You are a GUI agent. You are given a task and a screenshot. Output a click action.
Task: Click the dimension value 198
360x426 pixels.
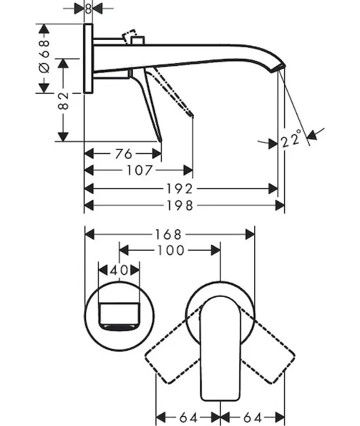(180, 205)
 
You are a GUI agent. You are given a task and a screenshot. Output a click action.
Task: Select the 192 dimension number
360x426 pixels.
(180, 189)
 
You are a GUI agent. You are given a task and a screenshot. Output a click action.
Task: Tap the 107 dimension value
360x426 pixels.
(140, 170)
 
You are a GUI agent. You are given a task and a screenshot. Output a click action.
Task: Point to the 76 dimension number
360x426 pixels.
(124, 153)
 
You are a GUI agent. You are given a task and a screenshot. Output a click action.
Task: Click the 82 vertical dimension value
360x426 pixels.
(63, 101)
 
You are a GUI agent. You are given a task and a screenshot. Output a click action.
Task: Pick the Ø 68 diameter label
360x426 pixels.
(44, 56)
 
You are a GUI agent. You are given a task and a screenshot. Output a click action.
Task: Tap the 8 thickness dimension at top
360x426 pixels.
(88, 9)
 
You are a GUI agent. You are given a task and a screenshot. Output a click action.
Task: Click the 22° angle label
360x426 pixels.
(291, 138)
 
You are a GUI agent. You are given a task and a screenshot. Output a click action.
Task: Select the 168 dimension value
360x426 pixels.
(168, 234)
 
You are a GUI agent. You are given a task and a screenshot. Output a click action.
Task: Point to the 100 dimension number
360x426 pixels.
(171, 250)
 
